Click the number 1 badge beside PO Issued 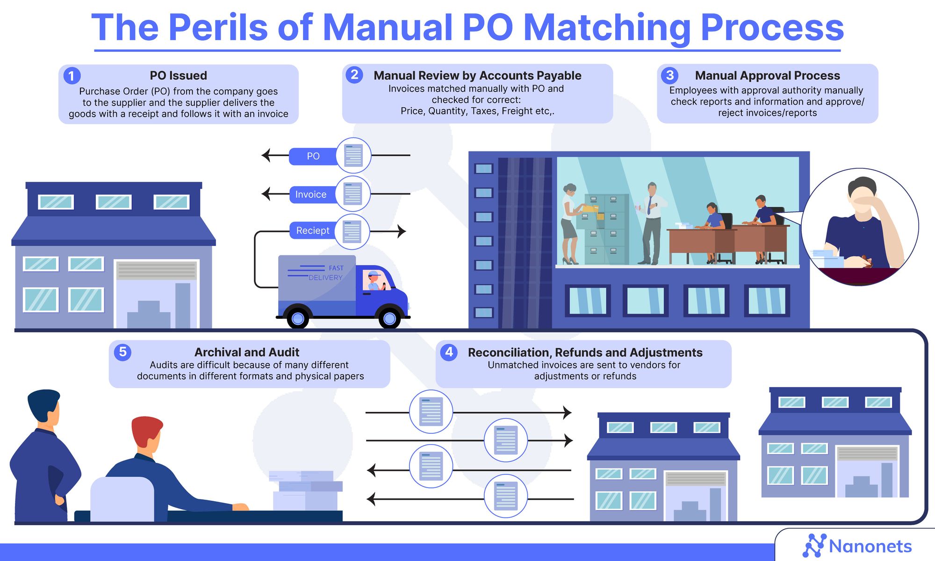[x=72, y=76]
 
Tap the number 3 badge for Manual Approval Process [x=670, y=75]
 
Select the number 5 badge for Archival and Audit [x=122, y=352]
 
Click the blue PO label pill [x=313, y=156]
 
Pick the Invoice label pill [x=311, y=194]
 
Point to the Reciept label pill [x=312, y=230]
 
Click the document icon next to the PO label [x=353, y=156]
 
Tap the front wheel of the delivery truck [x=389, y=318]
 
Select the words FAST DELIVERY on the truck [x=327, y=273]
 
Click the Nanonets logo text [x=870, y=546]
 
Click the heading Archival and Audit [x=247, y=352]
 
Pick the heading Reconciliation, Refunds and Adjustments [x=585, y=352]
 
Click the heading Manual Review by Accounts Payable [x=477, y=76]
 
